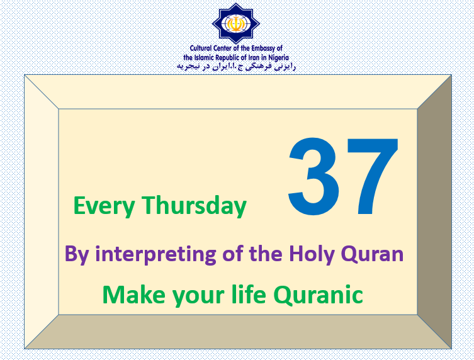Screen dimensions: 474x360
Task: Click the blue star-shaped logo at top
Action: [x=236, y=23]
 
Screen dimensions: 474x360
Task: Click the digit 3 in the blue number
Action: [x=313, y=176]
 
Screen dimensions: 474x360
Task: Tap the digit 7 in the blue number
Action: [x=373, y=176]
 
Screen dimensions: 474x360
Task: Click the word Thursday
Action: [x=194, y=206]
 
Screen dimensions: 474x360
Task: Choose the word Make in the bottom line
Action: [x=133, y=295]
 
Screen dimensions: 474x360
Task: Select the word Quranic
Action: [x=319, y=295]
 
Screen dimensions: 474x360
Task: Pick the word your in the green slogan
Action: [x=198, y=296]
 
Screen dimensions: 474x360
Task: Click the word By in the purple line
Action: [x=77, y=254]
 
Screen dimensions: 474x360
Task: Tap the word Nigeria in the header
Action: [x=278, y=57]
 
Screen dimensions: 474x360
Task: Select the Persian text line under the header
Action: [x=236, y=67]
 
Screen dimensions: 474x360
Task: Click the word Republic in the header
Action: [x=227, y=57]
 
